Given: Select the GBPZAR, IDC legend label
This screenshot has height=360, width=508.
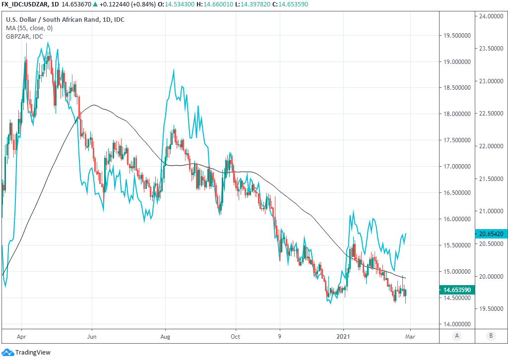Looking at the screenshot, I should point(24,36).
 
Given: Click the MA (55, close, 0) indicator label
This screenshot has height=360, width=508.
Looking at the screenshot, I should point(29,28).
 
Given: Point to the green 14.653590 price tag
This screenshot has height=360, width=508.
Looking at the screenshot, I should point(457,290).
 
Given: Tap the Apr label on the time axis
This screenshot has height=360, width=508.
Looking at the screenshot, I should point(21,336).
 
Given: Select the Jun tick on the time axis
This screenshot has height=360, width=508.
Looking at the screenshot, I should point(92,336).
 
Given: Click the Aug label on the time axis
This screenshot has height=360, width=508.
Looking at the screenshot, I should point(165,336).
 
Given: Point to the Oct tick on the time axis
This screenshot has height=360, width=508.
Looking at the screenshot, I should point(235,336).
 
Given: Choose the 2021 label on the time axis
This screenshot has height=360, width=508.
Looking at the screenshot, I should point(344,336).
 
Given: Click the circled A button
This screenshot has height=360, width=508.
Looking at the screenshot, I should point(457,336).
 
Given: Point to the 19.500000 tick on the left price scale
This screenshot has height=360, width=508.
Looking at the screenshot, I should point(457,36).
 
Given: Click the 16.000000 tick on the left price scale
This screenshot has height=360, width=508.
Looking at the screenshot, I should point(457,219).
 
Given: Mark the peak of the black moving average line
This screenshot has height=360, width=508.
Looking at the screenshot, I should point(93,105).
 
